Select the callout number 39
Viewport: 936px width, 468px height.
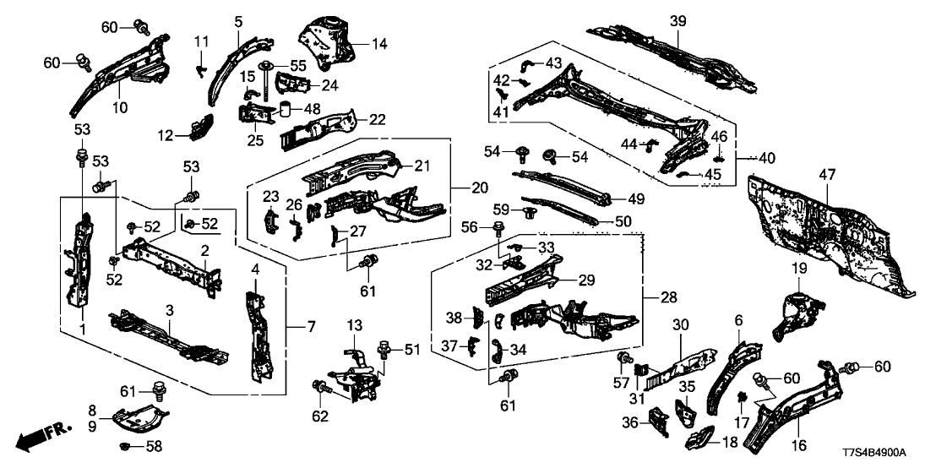click(x=678, y=20)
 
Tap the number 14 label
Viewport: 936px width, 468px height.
click(x=378, y=44)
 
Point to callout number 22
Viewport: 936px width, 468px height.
click(x=378, y=121)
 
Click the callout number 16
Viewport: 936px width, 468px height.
click(x=798, y=445)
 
